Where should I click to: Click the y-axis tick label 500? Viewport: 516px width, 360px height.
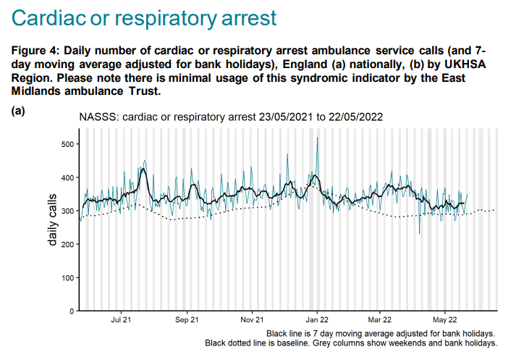[67, 144]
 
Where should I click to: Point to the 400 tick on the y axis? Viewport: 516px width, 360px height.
[67, 177]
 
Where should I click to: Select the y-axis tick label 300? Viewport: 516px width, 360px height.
[67, 211]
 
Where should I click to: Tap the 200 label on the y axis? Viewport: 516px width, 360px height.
[67, 244]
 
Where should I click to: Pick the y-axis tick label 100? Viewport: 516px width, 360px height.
[67, 277]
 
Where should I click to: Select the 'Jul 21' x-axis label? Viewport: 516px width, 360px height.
[122, 319]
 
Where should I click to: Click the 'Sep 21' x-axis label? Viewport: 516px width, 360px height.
[187, 319]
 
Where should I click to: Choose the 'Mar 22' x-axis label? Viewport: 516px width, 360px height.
[379, 319]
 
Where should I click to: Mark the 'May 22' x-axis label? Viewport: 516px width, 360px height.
[444, 319]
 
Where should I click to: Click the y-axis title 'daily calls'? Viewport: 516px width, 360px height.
[53, 218]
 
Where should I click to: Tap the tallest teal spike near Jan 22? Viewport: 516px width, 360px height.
[317, 139]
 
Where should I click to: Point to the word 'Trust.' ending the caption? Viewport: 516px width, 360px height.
[140, 91]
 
